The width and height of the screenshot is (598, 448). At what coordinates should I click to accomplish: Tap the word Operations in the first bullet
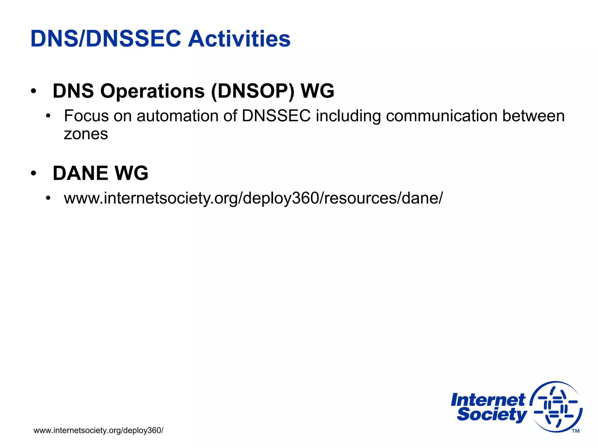[x=152, y=91]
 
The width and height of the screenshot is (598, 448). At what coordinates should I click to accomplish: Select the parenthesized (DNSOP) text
[x=253, y=91]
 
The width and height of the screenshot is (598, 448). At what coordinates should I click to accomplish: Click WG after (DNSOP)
[x=317, y=91]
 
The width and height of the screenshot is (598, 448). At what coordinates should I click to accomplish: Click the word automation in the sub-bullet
[x=177, y=116]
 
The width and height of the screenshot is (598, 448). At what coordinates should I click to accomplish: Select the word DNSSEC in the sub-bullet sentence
[x=276, y=116]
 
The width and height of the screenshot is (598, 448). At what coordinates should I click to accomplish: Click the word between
[x=533, y=116]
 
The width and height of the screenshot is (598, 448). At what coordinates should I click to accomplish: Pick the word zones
[x=86, y=134]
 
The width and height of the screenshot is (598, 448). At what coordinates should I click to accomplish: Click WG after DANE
[x=131, y=173]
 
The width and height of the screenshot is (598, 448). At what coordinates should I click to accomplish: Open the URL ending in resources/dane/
[x=253, y=198]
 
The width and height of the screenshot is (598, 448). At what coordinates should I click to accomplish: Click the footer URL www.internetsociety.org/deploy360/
[x=98, y=430]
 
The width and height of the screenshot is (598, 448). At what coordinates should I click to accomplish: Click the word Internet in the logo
[x=488, y=400]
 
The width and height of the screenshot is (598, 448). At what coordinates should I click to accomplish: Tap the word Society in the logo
[x=492, y=415]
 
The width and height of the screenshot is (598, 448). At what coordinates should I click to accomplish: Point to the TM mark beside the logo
[x=576, y=431]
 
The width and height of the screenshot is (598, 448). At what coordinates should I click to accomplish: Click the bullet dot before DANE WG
[x=34, y=173]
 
